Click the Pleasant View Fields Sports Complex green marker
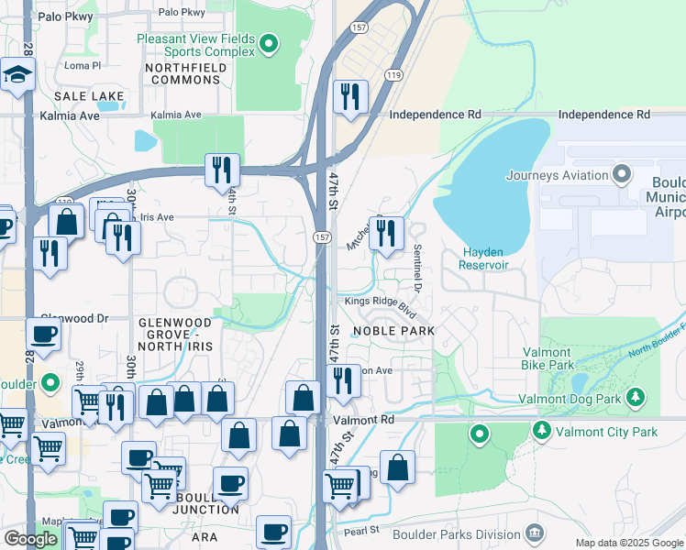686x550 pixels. tap(268, 43)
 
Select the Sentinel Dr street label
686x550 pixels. tap(417, 268)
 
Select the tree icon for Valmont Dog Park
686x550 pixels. tap(634, 398)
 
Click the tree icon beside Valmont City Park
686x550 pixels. tap(541, 431)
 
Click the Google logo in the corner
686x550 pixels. tap(30, 539)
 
